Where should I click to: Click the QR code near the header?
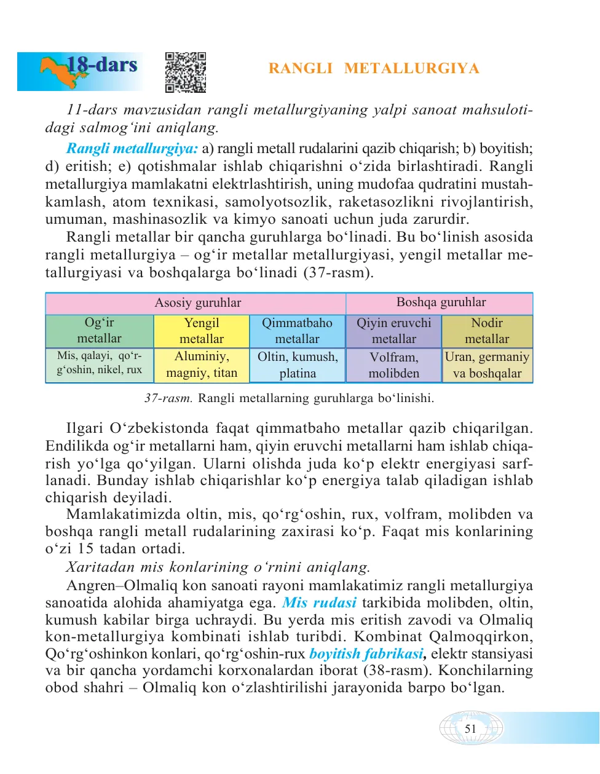(185, 72)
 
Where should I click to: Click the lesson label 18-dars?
(102, 65)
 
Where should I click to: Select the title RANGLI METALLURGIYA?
(374, 68)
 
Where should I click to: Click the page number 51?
(470, 729)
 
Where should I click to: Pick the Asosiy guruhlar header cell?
(197, 303)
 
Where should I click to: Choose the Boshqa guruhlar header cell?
(440, 302)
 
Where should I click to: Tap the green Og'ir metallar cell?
(100, 331)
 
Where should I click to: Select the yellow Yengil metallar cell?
(202, 331)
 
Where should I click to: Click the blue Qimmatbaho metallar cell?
(297, 331)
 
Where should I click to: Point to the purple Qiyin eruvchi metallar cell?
(393, 331)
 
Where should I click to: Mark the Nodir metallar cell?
(487, 331)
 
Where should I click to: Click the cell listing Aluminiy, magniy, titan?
(202, 365)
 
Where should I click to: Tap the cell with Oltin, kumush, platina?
(297, 365)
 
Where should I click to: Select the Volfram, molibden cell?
(393, 365)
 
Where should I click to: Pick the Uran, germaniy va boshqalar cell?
(487, 365)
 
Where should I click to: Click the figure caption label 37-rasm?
(168, 398)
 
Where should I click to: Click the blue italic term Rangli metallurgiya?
(132, 149)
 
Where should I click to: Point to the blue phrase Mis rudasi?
(319, 603)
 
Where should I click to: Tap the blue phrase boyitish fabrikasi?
(366, 654)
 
